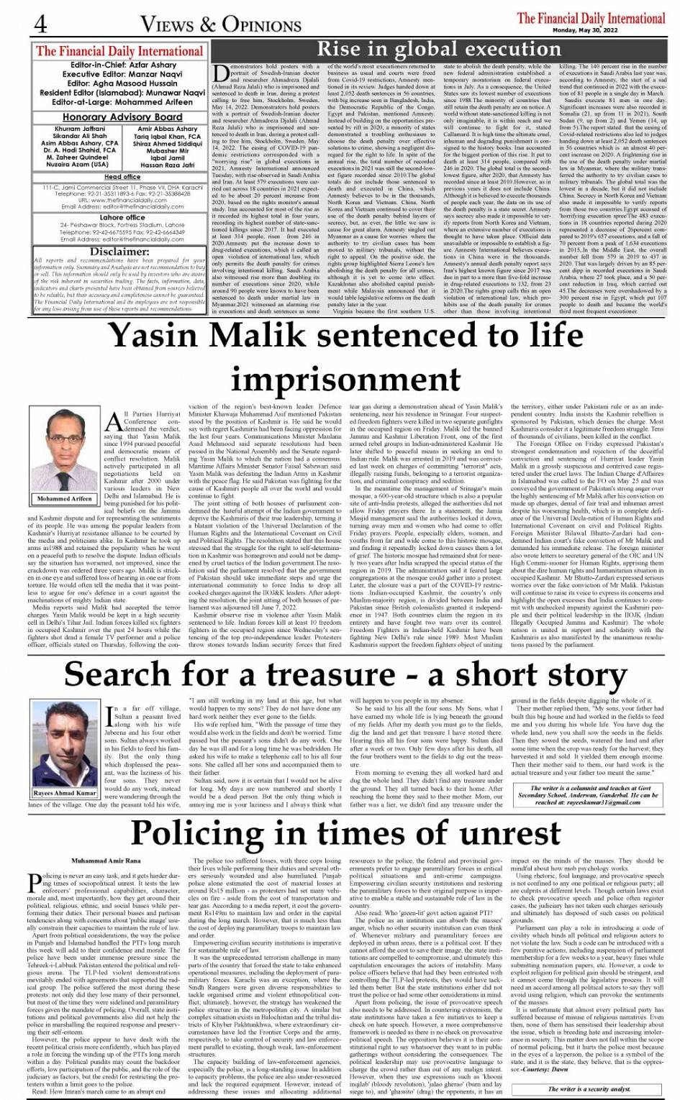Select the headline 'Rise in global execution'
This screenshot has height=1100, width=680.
tap(438, 50)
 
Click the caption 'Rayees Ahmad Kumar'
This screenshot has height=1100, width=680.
tap(65, 792)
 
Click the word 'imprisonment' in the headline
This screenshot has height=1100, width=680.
tap(340, 379)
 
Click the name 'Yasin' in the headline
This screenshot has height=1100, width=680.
tap(156, 336)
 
